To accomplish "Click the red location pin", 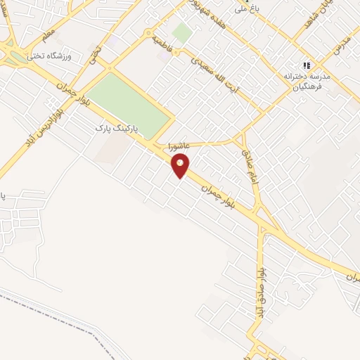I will pyautogui.click(x=181, y=166).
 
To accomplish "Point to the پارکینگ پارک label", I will pyautogui.click(x=117, y=129).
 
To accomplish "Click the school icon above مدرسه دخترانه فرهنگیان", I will pyautogui.click(x=307, y=65).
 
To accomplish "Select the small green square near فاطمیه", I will pyautogui.click(x=182, y=32).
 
